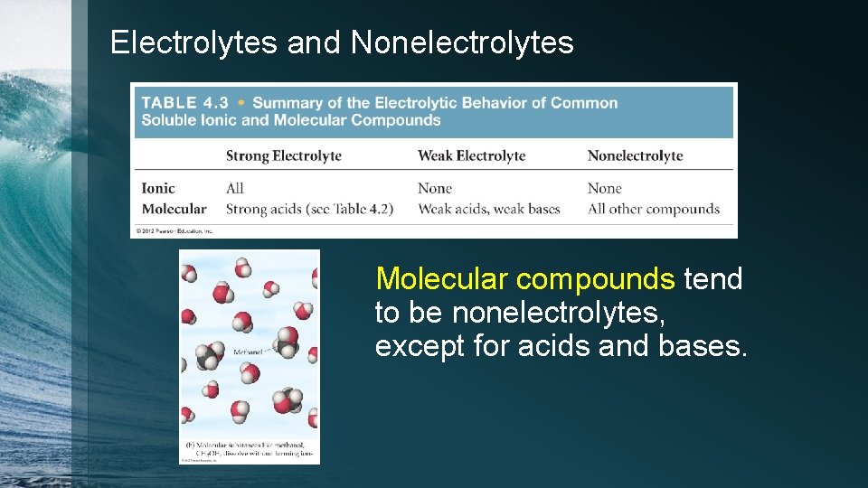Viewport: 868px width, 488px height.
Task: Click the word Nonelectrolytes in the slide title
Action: coord(462,42)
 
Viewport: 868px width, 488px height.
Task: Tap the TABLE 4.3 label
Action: coord(184,103)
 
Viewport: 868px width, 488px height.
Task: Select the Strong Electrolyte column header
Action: coord(284,155)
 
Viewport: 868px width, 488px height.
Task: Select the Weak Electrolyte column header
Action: coord(471,155)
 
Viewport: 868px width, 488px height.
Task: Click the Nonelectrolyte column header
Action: coord(635,155)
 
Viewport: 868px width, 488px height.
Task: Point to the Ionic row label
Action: coord(158,188)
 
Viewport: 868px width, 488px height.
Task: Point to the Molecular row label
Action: coord(174,209)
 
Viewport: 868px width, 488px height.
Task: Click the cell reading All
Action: coord(235,188)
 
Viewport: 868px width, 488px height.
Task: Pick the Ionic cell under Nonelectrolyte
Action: coord(605,188)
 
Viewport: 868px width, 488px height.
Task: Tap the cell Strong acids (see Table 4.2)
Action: coord(309,209)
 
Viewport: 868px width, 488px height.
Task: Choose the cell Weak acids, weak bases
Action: coord(489,209)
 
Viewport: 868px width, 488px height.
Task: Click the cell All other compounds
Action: coord(654,209)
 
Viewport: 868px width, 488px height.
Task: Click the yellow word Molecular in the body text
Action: coord(443,279)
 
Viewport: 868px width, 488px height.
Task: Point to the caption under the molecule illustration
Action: coord(250,449)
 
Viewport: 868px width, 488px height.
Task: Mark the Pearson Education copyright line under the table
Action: coord(175,231)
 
